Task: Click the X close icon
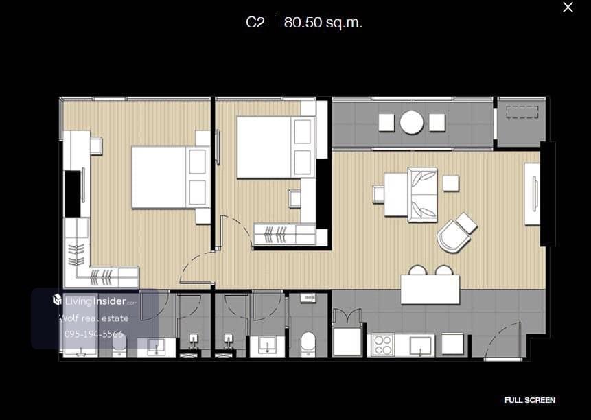coord(568,7)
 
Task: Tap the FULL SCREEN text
coord(529,400)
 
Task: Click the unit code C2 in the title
coord(255,23)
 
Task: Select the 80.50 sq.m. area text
coord(323,23)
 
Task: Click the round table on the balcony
coord(412,122)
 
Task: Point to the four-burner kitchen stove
coord(382,345)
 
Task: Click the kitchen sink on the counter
coord(420,345)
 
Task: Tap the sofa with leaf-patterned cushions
coord(423,195)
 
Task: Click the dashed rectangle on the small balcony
coord(522,112)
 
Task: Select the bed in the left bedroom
coord(170,177)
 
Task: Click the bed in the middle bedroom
coord(275,147)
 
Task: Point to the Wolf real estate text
coord(94,318)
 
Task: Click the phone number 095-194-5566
coord(94,334)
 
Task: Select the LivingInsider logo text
coord(95,301)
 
